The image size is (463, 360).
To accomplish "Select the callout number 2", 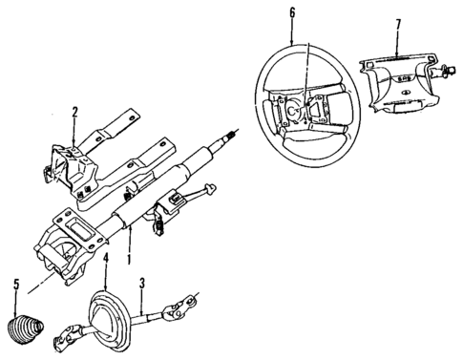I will [74, 114].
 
